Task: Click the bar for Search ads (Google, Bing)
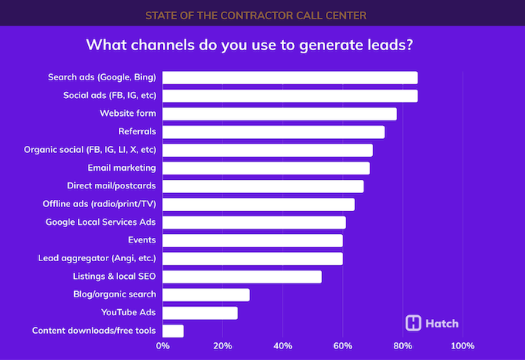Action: click(x=290, y=77)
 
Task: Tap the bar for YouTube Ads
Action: click(x=200, y=313)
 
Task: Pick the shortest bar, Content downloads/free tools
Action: click(x=173, y=331)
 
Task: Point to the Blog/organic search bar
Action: click(x=206, y=294)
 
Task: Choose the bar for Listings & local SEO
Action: click(x=242, y=277)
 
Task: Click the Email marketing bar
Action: click(x=266, y=168)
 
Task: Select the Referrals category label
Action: click(x=137, y=131)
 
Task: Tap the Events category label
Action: click(x=142, y=240)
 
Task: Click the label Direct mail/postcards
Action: click(x=112, y=186)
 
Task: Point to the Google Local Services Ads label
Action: click(x=100, y=222)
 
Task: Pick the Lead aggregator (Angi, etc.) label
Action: click(x=97, y=258)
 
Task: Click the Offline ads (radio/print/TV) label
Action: click(x=100, y=204)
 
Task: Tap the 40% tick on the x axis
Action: click(x=283, y=345)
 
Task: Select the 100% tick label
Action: click(x=462, y=345)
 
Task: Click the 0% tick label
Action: click(x=163, y=345)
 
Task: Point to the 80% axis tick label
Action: click(x=402, y=345)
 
